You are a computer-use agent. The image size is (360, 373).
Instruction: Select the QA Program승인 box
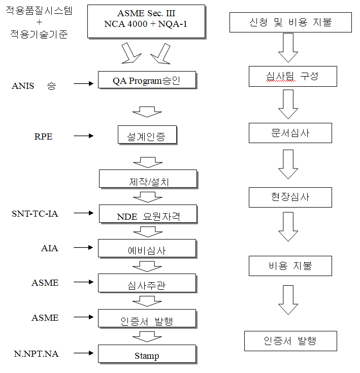pyautogui.click(x=146, y=80)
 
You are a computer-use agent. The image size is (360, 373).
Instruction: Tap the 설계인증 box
pyautogui.click(x=147, y=135)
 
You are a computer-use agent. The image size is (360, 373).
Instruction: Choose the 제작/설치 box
pyautogui.click(x=147, y=180)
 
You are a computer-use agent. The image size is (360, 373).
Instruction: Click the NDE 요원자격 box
pyautogui.click(x=147, y=214)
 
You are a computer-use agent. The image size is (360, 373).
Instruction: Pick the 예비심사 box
pyautogui.click(x=147, y=249)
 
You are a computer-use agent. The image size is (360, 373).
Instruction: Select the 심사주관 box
pyautogui.click(x=147, y=284)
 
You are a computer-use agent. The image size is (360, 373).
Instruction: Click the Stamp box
pyautogui.click(x=147, y=355)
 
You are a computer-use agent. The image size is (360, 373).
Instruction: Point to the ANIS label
pyautogui.click(x=23, y=86)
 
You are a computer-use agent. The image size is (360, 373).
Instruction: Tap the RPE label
pyautogui.click(x=43, y=136)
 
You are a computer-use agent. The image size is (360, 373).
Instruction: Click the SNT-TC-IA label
pyautogui.click(x=35, y=214)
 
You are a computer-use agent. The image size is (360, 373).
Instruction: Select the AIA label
pyautogui.click(x=50, y=248)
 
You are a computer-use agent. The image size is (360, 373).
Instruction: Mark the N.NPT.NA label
pyautogui.click(x=36, y=353)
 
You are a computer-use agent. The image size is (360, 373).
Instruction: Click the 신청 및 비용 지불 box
pyautogui.click(x=290, y=22)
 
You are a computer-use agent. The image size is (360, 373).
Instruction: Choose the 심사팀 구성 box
pyautogui.click(x=292, y=77)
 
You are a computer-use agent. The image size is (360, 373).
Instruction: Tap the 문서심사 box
pyautogui.click(x=290, y=133)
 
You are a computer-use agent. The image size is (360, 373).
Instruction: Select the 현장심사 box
pyautogui.click(x=290, y=197)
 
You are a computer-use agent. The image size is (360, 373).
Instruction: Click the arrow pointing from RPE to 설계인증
pyautogui.click(x=84, y=135)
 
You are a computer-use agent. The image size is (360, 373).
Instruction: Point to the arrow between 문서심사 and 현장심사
pyautogui.click(x=288, y=164)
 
